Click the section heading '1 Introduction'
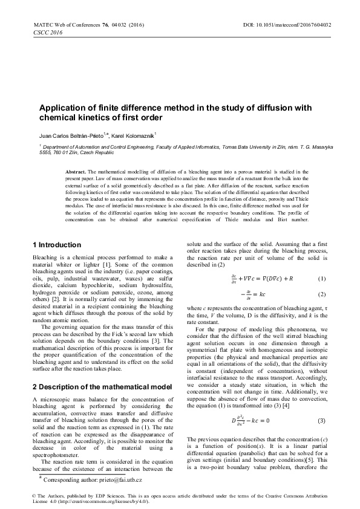[56, 245]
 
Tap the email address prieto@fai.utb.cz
[120, 479]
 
